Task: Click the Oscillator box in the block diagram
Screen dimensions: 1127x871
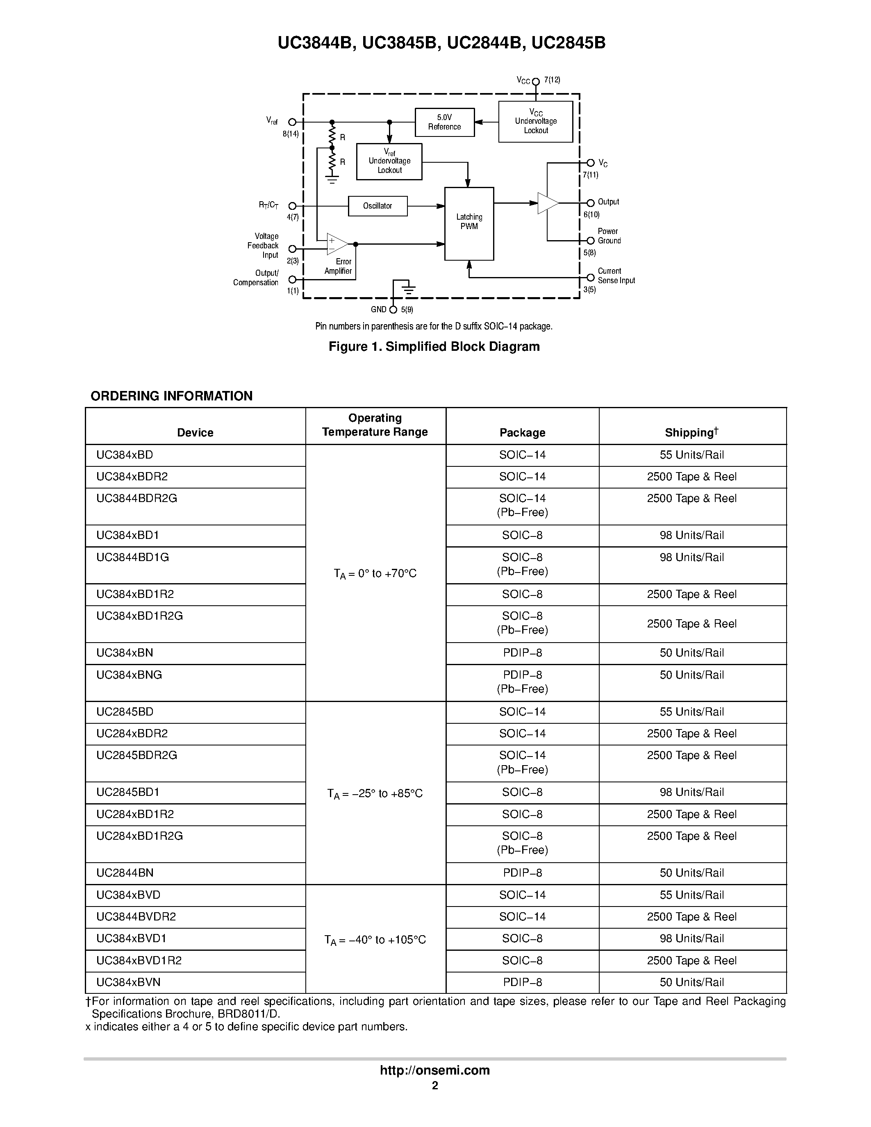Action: tap(377, 206)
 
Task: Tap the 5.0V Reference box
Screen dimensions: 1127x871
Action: tap(444, 122)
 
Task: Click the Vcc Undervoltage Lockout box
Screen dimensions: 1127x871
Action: tap(536, 122)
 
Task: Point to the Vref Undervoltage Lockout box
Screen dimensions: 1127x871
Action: tap(389, 161)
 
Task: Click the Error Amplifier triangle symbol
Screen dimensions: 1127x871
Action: tap(337, 244)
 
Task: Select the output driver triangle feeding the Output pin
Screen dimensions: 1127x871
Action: tap(546, 203)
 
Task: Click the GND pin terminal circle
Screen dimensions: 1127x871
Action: tap(393, 309)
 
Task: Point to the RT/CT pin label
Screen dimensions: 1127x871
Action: tap(268, 205)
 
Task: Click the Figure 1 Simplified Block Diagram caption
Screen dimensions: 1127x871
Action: tap(434, 347)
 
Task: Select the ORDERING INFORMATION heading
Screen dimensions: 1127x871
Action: tap(171, 396)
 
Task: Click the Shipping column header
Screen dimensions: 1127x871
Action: tap(691, 432)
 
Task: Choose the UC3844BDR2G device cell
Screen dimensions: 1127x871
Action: tap(137, 498)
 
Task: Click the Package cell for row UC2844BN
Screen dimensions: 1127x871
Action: tap(522, 873)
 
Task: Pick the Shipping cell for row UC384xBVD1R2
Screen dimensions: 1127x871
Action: tap(691, 961)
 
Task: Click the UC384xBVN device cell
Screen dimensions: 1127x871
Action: tap(125, 982)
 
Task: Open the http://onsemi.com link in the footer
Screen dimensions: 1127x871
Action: tap(434, 1070)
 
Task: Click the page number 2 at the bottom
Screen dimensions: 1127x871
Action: tap(435, 1085)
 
